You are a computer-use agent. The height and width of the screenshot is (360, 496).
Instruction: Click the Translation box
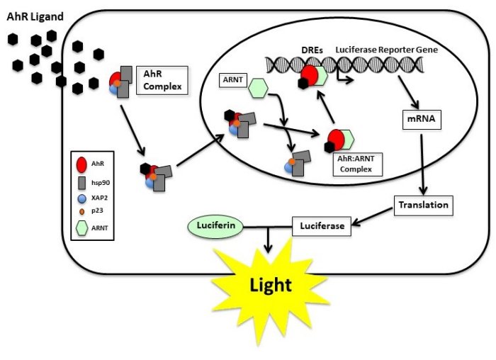[422, 205]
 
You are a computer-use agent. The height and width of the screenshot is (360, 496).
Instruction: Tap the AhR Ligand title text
[34, 16]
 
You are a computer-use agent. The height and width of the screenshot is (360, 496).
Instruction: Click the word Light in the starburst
[271, 286]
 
